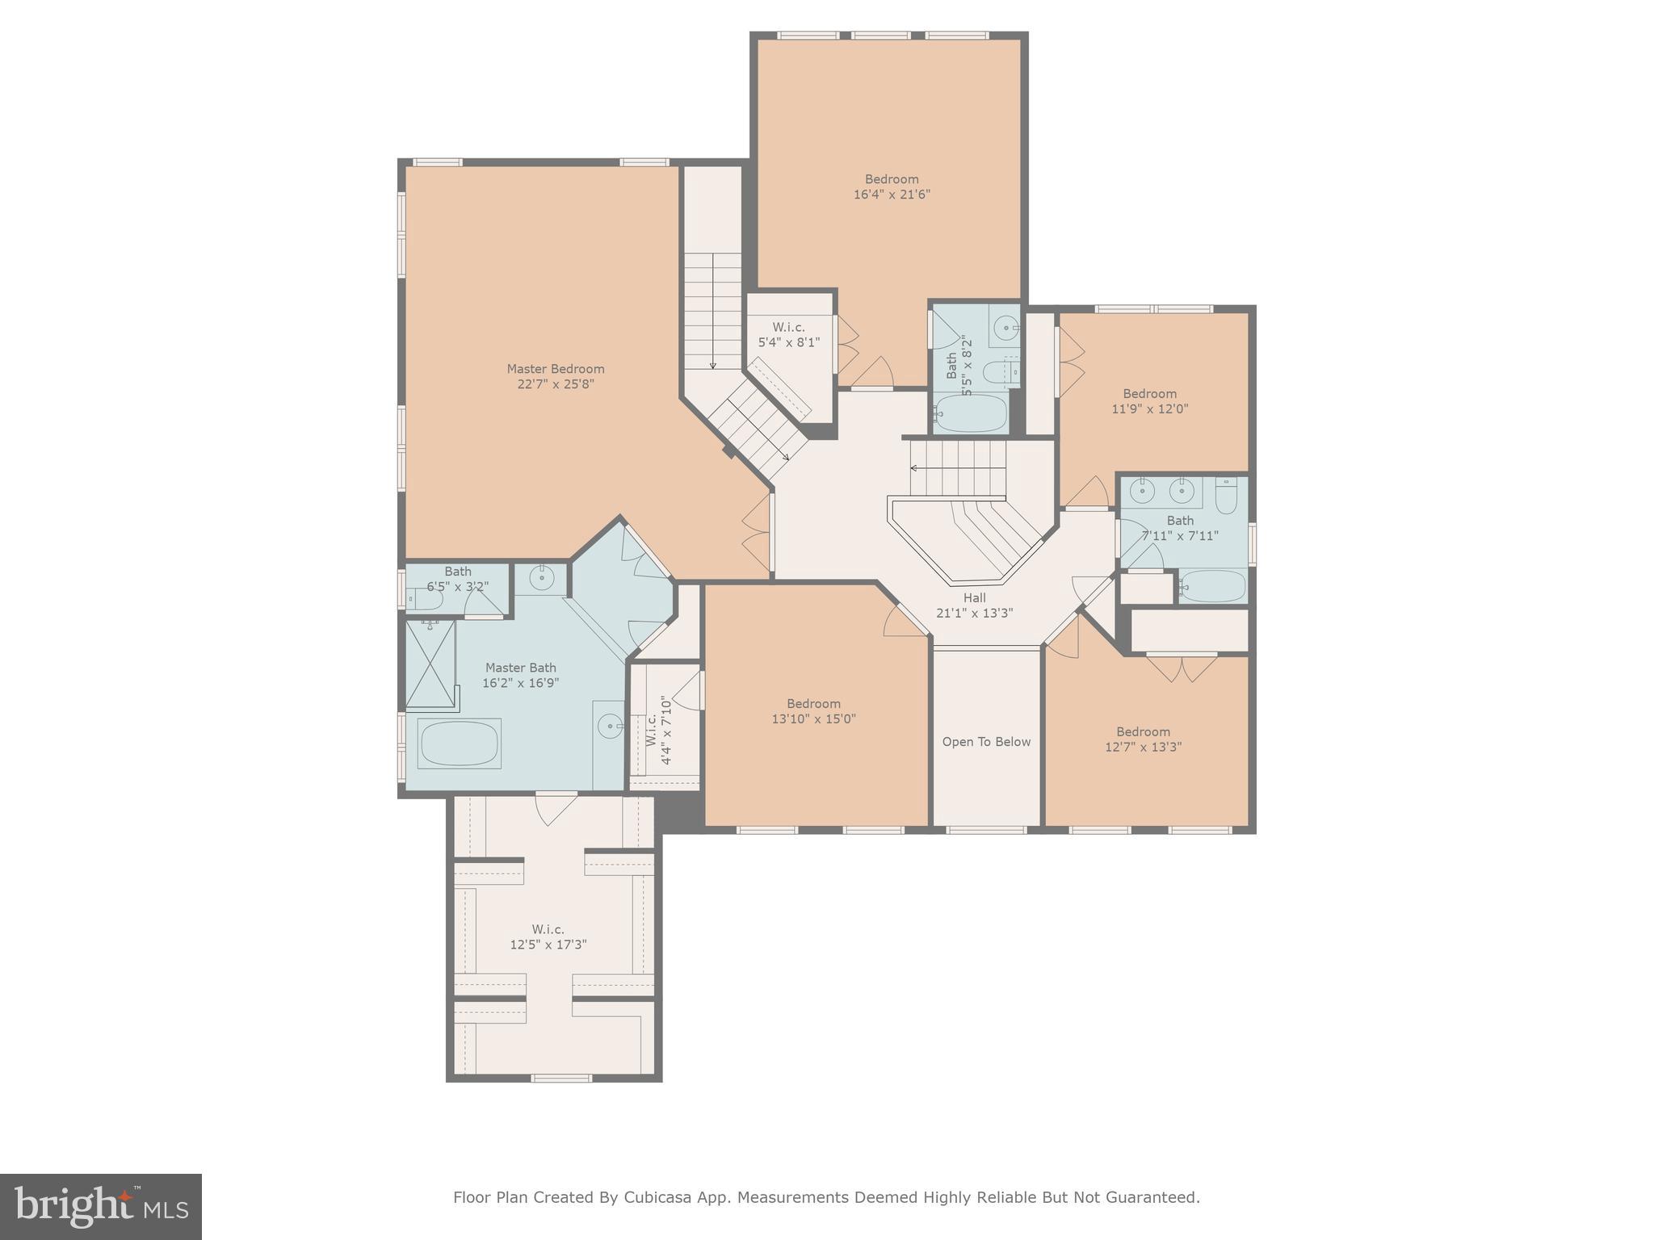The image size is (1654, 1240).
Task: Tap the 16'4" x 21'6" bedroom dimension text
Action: coord(892,195)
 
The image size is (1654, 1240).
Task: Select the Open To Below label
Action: coord(986,742)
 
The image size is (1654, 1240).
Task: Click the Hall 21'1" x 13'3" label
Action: coord(974,605)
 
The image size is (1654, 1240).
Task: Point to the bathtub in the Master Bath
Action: coord(459,744)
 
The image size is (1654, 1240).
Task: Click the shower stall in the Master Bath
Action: coord(430,663)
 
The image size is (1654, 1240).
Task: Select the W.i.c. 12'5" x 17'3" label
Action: coord(548,937)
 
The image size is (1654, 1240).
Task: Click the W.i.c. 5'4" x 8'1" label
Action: coord(788,334)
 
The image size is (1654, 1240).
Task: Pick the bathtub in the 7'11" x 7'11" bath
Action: coord(1212,587)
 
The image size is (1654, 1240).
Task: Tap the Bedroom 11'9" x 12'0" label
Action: coord(1149,401)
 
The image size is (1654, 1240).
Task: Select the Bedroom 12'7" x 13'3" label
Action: coord(1143,739)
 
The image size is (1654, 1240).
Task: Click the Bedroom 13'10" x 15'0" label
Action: coord(813,711)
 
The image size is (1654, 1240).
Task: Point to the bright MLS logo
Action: coord(101,1206)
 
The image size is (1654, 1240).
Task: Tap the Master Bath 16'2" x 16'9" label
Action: coord(520,675)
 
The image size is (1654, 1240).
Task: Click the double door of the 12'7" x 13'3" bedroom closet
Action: coord(1182,667)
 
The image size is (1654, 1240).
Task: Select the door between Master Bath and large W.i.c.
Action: coord(556,805)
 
